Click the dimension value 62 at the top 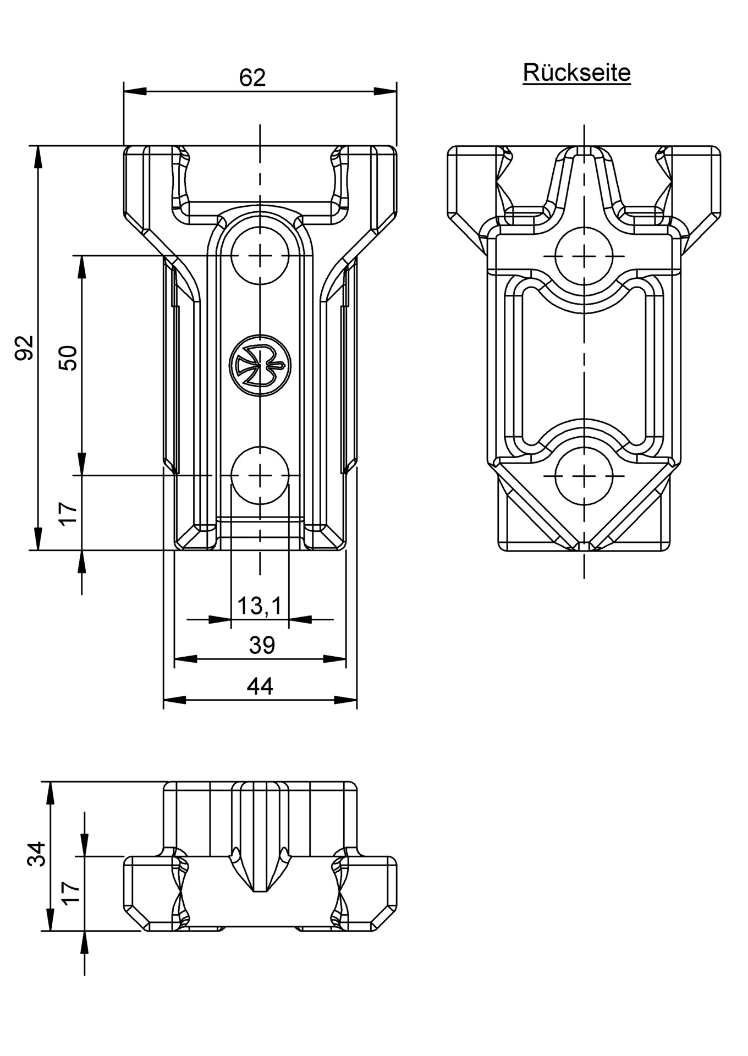pyautogui.click(x=252, y=78)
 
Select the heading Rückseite pyautogui.click(x=576, y=73)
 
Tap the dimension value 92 pyautogui.click(x=25, y=347)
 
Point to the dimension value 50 pyautogui.click(x=68, y=358)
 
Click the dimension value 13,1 pyautogui.click(x=259, y=606)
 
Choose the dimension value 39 pyautogui.click(x=261, y=645)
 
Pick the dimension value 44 pyautogui.click(x=260, y=686)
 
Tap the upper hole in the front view pyautogui.click(x=260, y=256)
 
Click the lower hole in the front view pyautogui.click(x=260, y=474)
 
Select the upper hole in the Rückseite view pyautogui.click(x=584, y=256)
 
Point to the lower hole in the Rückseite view pyautogui.click(x=584, y=474)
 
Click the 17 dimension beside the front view pyautogui.click(x=69, y=514)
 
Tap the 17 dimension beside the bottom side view pyautogui.click(x=72, y=892)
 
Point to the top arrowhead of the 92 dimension pyautogui.click(x=38, y=157)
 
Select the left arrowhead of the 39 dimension pyautogui.click(x=185, y=658)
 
